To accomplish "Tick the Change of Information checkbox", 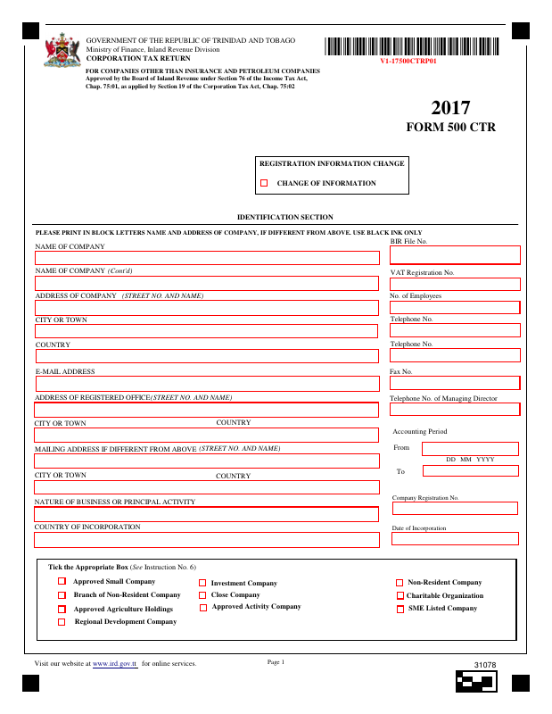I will tap(264, 183).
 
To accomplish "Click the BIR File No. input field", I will tap(455, 255).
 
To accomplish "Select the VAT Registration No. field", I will tap(455, 284).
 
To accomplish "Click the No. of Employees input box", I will tap(455, 307).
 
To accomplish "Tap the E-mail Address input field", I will tap(206, 384).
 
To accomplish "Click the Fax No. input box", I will tap(455, 383).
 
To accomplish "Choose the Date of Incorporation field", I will tap(455, 538).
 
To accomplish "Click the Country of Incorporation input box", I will tap(206, 540).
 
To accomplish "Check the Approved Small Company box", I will tap(62, 582).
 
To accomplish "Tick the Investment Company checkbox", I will tap(202, 583).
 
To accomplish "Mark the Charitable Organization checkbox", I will tap(400, 595).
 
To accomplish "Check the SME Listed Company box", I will tap(400, 609).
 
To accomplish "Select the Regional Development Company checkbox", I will tap(62, 622).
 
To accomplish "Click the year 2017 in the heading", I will tap(450, 108).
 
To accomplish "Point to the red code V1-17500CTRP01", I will tap(408, 62).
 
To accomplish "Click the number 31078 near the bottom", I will tap(485, 666).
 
